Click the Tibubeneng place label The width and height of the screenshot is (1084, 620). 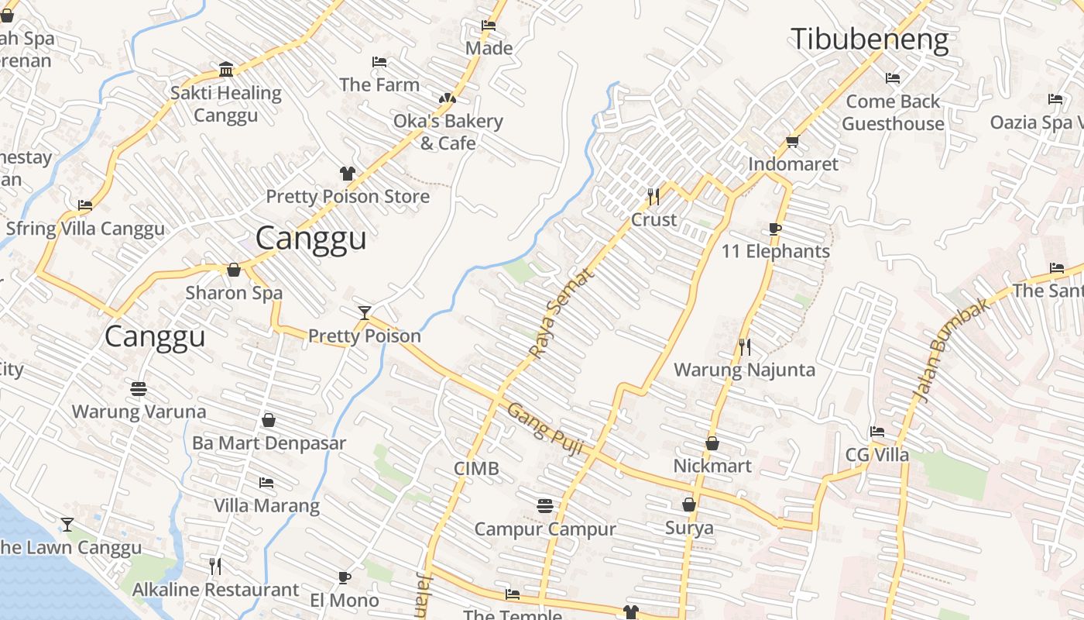[869, 40]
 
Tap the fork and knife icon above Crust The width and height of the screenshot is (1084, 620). [653, 197]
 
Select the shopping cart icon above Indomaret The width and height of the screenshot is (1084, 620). [792, 141]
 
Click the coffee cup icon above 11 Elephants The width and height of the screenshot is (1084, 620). [775, 229]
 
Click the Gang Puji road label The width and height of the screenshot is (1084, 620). [544, 426]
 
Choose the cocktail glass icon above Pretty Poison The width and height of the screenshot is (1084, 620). [365, 312]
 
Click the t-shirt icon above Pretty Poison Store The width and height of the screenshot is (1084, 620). [347, 174]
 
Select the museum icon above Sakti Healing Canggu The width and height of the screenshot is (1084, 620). [226, 70]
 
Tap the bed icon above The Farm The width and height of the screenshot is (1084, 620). [379, 62]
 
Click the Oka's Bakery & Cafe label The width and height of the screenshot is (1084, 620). [448, 132]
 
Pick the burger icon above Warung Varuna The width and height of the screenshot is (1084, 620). [139, 388]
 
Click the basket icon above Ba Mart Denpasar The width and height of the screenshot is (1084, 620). [269, 420]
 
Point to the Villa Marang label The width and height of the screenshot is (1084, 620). [266, 506]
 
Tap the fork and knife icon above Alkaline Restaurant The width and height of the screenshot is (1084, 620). [215, 567]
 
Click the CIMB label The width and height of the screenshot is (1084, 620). [476, 469]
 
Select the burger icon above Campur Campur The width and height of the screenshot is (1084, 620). [545, 506]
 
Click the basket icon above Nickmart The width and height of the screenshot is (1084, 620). [712, 443]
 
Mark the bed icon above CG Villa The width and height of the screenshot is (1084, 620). [877, 432]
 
